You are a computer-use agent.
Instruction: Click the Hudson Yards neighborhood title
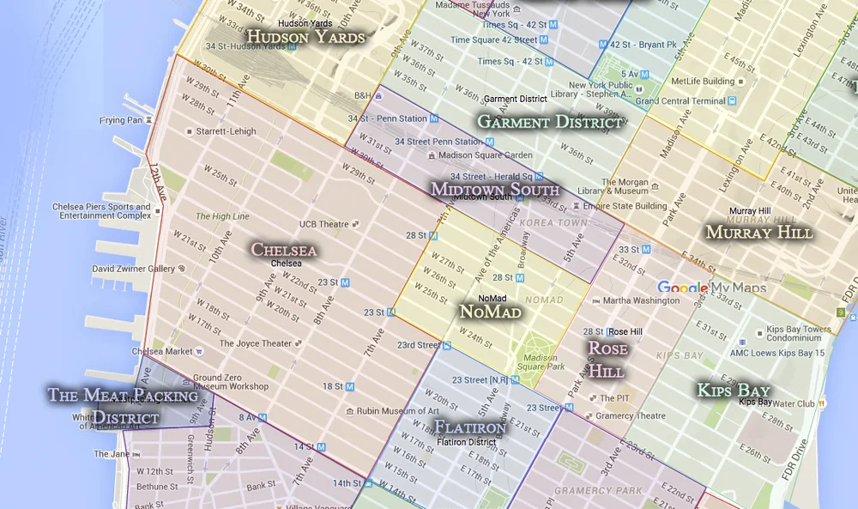305,37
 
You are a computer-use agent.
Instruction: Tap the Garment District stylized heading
549,122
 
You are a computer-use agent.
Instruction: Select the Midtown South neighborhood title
495,189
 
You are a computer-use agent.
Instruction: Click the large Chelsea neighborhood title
284,250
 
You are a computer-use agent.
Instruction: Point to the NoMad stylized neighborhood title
490,312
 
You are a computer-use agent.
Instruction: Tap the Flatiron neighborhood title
470,427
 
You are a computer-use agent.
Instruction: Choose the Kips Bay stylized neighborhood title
733,391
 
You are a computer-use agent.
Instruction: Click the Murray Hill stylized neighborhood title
758,233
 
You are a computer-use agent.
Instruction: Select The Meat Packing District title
123,406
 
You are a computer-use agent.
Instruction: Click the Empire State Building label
625,206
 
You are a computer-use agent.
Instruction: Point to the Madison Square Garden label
485,155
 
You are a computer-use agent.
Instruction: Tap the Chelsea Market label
163,351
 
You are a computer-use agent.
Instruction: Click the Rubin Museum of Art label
397,411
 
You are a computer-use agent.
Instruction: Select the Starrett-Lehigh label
226,131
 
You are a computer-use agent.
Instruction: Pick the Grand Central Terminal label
680,101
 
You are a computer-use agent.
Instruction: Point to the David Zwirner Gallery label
133,269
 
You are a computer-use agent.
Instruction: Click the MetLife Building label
703,82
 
